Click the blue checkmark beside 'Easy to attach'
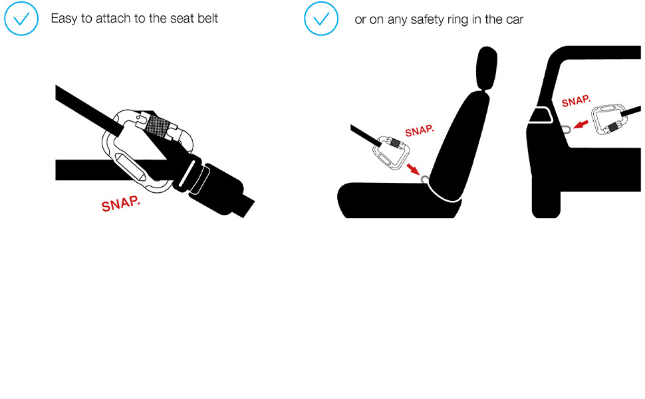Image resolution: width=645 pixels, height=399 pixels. tap(21, 19)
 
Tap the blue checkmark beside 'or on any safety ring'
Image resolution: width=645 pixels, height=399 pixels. tap(321, 19)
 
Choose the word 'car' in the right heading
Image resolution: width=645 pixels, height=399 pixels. tap(515, 20)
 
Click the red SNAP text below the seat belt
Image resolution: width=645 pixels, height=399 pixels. tap(120, 203)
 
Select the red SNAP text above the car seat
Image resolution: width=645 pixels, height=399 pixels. tap(420, 131)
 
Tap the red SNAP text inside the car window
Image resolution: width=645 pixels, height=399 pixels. tap(576, 101)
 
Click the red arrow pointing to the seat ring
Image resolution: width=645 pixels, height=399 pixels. tap(412, 169)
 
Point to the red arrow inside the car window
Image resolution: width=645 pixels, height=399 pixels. tap(580, 124)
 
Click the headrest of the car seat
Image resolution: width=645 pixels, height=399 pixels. tap(487, 67)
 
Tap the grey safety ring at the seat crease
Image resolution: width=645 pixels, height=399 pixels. tap(424, 180)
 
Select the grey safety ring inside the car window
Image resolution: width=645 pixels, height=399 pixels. tap(566, 130)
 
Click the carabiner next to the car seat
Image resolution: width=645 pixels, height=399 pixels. tap(390, 152)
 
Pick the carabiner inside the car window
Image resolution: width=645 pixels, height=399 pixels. tap(609, 120)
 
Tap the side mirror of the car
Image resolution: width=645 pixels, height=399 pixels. tap(541, 115)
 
